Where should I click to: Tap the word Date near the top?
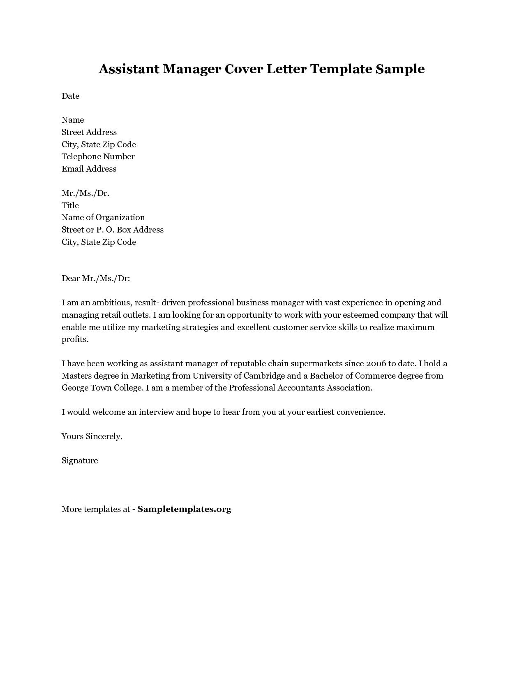coord(70,96)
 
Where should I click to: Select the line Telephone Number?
coord(98,156)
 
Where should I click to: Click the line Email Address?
coord(89,169)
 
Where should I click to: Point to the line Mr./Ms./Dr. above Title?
coord(85,193)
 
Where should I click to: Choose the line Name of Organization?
coord(103,217)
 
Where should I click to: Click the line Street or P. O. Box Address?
coord(113,230)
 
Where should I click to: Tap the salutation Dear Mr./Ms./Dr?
coord(96,278)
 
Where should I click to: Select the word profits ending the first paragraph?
coord(74,339)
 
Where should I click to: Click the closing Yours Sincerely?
coord(92,436)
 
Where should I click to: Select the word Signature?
coord(80,460)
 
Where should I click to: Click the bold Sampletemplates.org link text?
coord(184,509)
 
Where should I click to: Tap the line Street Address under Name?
coord(89,132)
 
